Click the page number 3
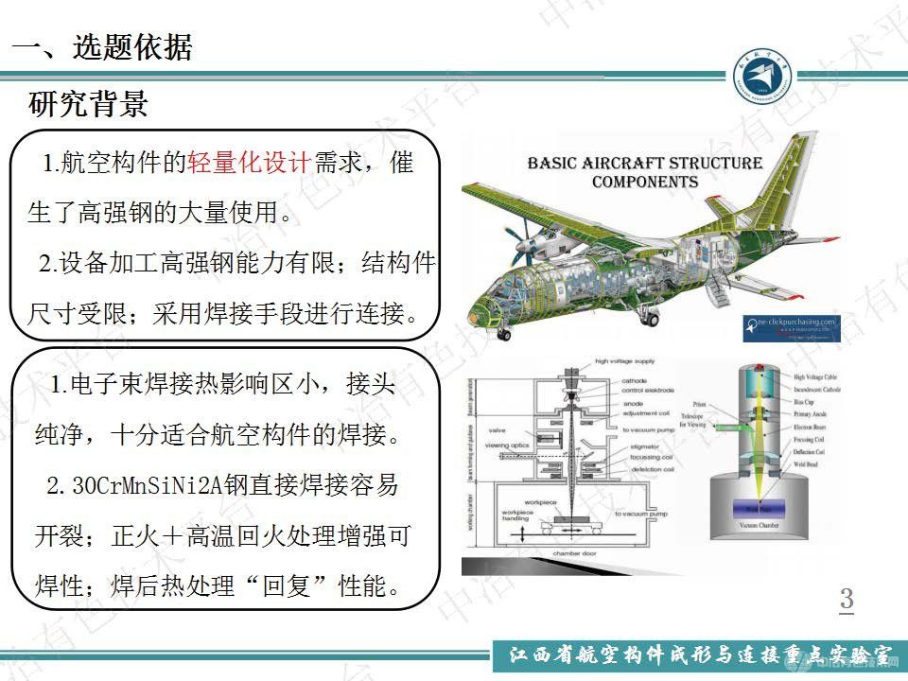tap(847, 600)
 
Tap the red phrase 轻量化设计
tap(249, 164)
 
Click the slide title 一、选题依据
tap(100, 48)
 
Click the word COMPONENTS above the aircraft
tap(645, 182)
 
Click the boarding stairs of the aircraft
tap(719, 292)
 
